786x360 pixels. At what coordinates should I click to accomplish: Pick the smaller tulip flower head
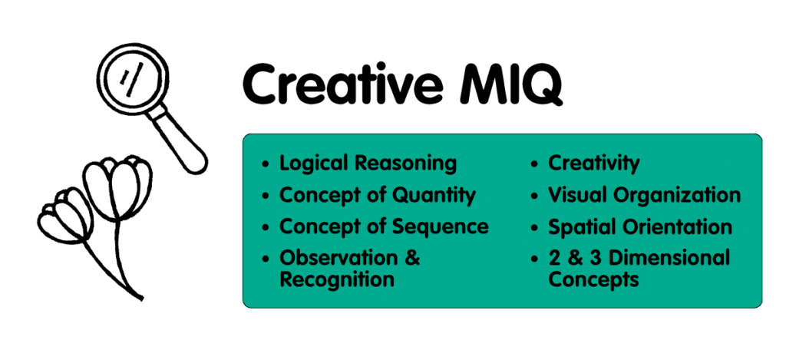(66, 219)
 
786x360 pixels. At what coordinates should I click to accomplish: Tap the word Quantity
(434, 195)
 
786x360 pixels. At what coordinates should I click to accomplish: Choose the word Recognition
(337, 279)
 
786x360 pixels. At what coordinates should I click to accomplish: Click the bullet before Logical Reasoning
(266, 164)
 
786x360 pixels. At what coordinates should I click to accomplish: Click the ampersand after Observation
(412, 258)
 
